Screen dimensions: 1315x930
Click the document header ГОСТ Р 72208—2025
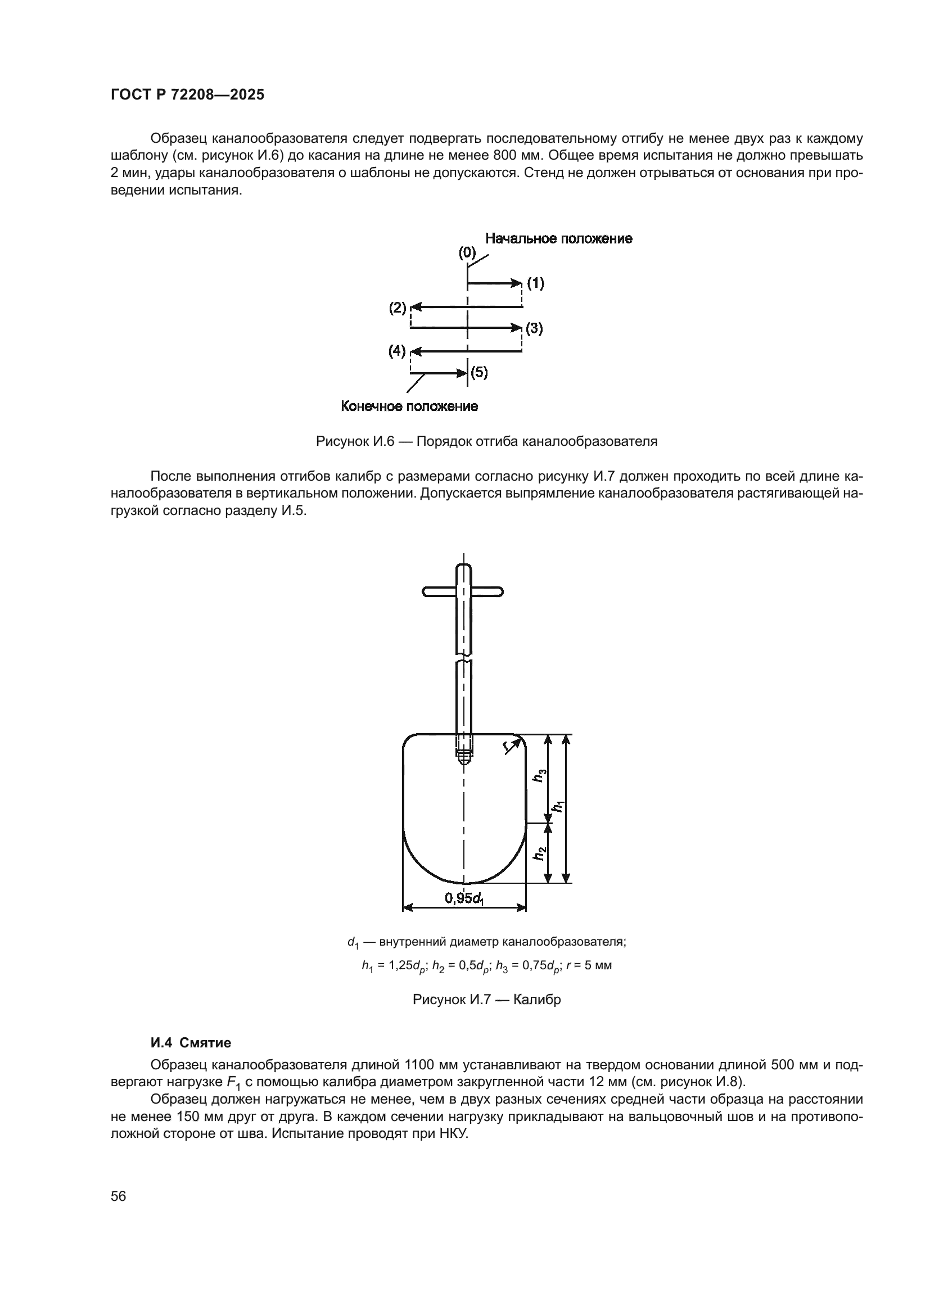tap(187, 95)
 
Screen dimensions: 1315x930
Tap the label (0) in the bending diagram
tap(467, 252)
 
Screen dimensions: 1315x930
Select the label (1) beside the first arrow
tap(535, 283)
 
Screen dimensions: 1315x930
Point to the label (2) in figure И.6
tap(398, 308)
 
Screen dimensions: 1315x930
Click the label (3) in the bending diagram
tap(534, 329)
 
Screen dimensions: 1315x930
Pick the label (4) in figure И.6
tap(397, 351)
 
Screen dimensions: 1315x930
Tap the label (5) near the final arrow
tap(478, 373)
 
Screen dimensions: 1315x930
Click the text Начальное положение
tap(558, 238)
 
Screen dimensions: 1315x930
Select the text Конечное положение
tap(409, 406)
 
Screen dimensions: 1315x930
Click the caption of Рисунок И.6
tap(486, 441)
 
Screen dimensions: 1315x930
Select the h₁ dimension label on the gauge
tap(557, 806)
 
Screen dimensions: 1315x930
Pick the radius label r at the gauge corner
tap(507, 745)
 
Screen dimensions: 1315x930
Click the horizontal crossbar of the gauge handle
tap(463, 591)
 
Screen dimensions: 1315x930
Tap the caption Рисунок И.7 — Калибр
tap(486, 1000)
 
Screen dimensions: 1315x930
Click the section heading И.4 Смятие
tap(191, 1043)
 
